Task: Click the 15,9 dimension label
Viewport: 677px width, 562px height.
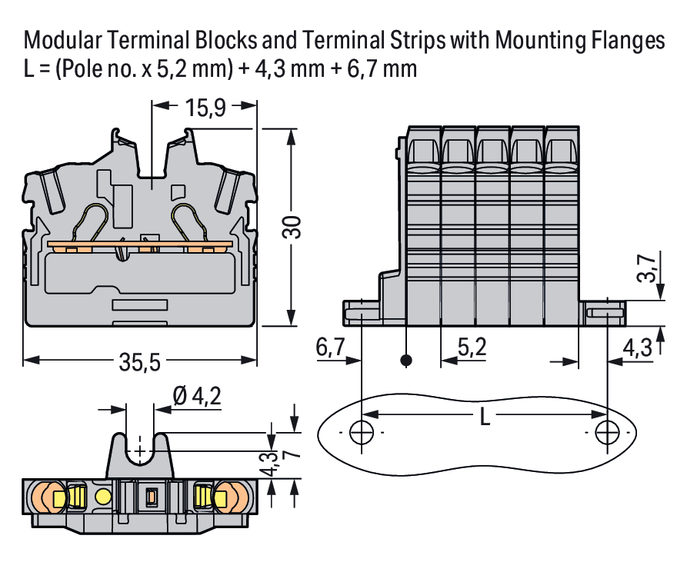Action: point(204,108)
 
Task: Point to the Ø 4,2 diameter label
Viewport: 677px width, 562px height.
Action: point(197,396)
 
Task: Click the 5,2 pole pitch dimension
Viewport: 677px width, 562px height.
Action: point(471,348)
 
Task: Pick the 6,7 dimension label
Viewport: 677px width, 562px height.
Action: point(330,348)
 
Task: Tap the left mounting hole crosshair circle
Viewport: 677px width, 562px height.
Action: point(360,432)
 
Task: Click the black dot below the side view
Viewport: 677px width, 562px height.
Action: point(407,360)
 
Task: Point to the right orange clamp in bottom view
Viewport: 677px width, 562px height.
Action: point(228,497)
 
